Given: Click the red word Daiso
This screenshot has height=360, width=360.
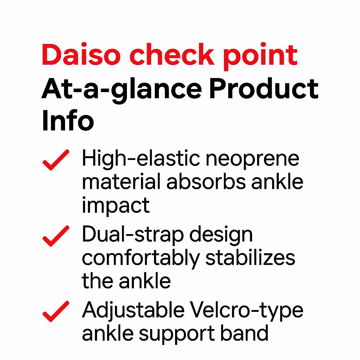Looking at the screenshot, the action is point(81,54).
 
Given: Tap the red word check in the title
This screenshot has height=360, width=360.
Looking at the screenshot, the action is point(172,54).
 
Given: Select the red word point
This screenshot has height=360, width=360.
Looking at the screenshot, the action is point(260,56).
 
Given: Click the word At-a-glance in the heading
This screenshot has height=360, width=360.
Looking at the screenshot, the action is point(122,90).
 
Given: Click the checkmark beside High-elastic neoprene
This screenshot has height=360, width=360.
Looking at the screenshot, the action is point(56,160).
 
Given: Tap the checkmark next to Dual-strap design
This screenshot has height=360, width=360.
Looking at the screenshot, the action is point(56,236).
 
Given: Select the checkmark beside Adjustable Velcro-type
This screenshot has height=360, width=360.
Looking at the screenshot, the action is point(56,311).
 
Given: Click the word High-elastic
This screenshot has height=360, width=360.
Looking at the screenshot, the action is point(141,159).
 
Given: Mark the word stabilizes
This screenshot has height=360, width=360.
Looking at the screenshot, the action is point(250,257).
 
